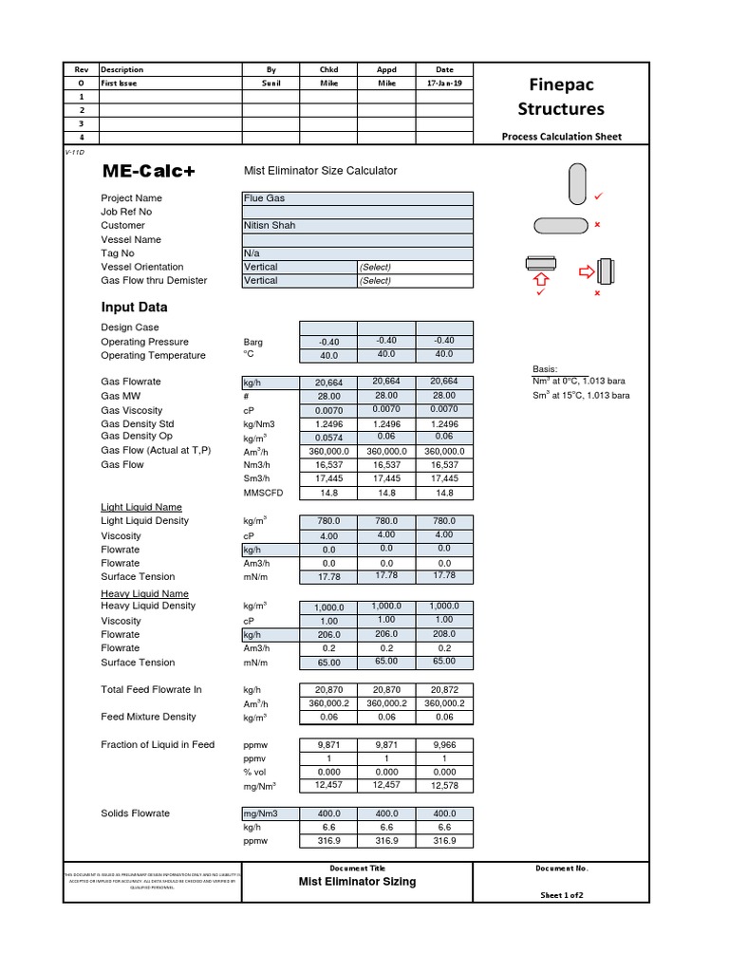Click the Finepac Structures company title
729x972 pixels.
[x=560, y=96]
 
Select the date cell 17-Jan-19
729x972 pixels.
[x=444, y=83]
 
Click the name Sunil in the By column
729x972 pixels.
[x=271, y=83]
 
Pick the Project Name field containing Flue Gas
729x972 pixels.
[x=357, y=198]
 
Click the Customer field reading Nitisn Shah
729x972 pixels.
[x=357, y=226]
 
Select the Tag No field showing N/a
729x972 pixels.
[x=357, y=253]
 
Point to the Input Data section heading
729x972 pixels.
[x=134, y=308]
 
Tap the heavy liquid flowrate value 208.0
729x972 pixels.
[x=443, y=634]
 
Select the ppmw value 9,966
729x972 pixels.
[x=443, y=745]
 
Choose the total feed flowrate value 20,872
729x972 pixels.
[x=443, y=690]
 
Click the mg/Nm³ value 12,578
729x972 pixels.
[x=443, y=786]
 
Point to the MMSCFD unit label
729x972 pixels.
[x=262, y=493]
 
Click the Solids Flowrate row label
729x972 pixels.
[x=135, y=813]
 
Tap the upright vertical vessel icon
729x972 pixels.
[x=577, y=183]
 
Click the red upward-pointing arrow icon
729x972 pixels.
[x=542, y=280]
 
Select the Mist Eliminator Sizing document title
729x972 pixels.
[x=357, y=882]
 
